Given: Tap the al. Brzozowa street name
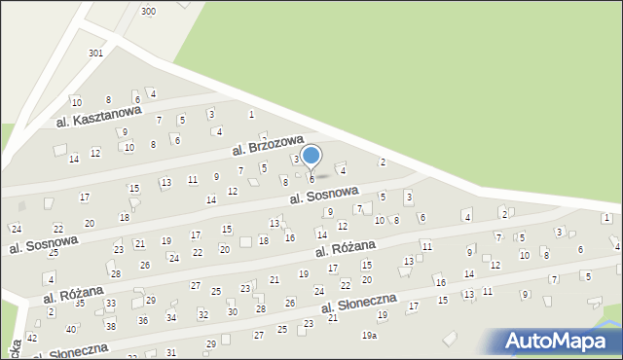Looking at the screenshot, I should pos(269,146).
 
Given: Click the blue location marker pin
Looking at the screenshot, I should pos(311,157).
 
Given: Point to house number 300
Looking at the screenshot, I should pos(148,11).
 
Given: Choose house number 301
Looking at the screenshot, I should pos(95,53).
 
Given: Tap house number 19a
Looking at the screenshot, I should pos(369,336).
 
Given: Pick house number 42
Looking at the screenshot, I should pos(32,338).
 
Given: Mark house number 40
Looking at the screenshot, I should pos(70,330).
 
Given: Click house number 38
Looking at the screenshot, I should pos(110,326).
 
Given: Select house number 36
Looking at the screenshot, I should pos(142,320).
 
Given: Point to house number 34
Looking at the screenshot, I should pos(171,317).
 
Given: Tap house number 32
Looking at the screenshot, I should pos(202,314).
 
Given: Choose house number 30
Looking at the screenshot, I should pos(232,311).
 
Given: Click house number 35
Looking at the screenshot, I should pos(80,303).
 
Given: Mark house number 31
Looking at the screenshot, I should pos(171,352).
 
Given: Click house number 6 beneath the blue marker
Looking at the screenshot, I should pos(311,178).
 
